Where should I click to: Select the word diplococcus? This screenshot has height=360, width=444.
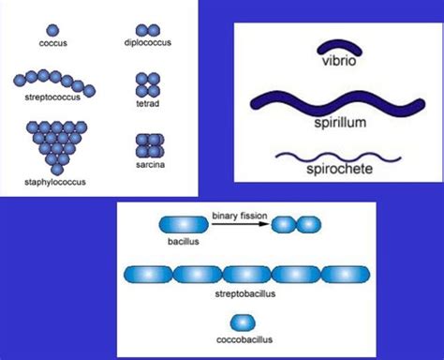click(148, 42)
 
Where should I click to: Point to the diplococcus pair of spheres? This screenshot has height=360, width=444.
click(147, 30)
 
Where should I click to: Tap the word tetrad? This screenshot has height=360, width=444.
click(147, 105)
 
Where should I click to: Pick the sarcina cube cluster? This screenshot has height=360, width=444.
click(148, 145)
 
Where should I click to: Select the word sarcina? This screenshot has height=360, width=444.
click(148, 165)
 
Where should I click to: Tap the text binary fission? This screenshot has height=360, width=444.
click(240, 216)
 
